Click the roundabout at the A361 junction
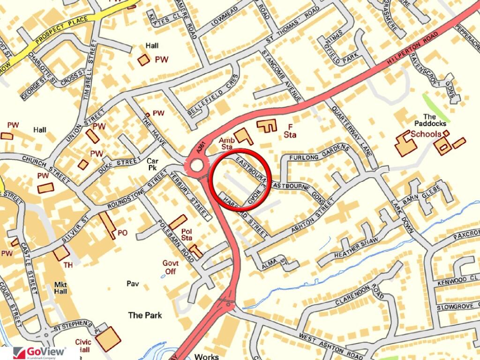[x=196, y=165]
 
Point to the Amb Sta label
[x=227, y=143]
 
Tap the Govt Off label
[x=170, y=267]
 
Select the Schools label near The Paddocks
[x=426, y=135]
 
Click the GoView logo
[x=39, y=353]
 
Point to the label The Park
[x=145, y=315]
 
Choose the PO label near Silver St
[x=122, y=232]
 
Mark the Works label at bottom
[x=207, y=357]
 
